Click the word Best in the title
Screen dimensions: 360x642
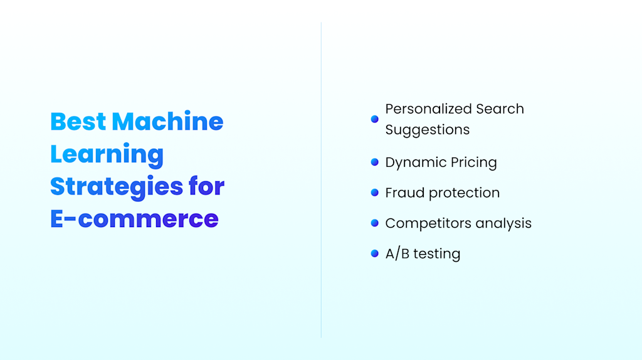[78, 121]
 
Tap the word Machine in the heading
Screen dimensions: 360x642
[167, 121]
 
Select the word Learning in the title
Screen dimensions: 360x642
[107, 154]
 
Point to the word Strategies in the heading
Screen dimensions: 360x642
[117, 187]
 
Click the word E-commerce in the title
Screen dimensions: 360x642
[134, 219]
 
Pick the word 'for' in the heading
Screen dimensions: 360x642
[206, 186]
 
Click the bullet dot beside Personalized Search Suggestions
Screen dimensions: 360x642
[375, 119]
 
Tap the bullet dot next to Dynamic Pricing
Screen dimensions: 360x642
[375, 162]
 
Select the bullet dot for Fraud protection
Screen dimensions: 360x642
[375, 193]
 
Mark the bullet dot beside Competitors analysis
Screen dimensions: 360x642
[375, 223]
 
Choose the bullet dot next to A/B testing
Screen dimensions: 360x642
[375, 253]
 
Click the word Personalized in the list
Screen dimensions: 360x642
[421, 109]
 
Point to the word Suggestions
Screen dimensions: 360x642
[427, 130]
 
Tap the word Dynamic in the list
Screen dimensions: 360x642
[412, 162]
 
